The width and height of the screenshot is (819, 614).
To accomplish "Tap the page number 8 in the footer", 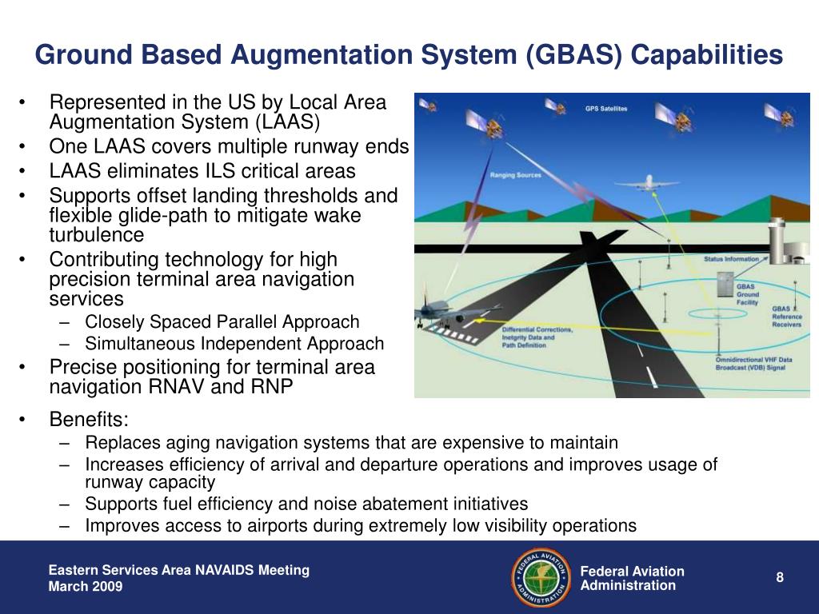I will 779,578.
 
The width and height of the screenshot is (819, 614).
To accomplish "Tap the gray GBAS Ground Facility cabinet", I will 725,288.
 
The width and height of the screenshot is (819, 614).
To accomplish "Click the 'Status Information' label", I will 731,259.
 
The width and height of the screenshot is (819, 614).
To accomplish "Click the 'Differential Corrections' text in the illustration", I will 537,329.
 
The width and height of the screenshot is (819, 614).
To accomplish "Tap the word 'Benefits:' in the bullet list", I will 89,420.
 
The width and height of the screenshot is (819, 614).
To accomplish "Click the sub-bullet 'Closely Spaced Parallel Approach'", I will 222,322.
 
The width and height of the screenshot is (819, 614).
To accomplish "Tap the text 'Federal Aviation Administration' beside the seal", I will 632,578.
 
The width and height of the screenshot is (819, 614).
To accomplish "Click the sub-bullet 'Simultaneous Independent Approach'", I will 234,344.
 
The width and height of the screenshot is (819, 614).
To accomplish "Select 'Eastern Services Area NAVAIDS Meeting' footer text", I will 178,570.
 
